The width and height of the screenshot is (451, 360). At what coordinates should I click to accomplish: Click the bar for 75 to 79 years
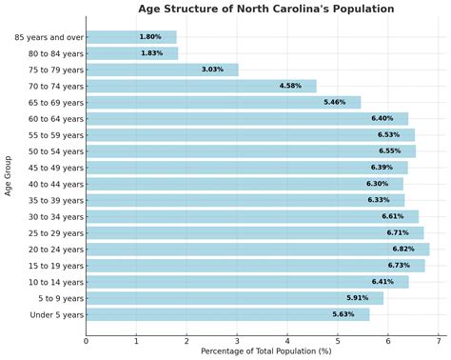pyautogui.click(x=162, y=70)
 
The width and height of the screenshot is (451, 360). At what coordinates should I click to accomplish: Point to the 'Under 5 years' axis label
pyautogui.click(x=56, y=314)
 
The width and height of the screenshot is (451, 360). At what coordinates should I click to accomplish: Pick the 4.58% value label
pyautogui.click(x=290, y=86)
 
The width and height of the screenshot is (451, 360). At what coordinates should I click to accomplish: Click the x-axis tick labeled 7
pyautogui.click(x=438, y=339)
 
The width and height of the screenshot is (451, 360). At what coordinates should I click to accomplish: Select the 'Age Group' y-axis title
pyautogui.click(x=9, y=175)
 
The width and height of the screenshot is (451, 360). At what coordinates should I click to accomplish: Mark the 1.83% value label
pyautogui.click(x=151, y=53)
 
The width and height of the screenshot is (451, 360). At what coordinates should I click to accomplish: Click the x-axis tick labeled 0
pyautogui.click(x=86, y=339)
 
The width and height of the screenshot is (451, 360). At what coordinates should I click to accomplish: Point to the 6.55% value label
pyautogui.click(x=390, y=151)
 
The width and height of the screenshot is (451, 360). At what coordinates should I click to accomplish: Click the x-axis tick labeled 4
pyautogui.click(x=286, y=339)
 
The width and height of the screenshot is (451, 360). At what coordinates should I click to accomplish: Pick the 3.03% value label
pyautogui.click(x=212, y=70)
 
